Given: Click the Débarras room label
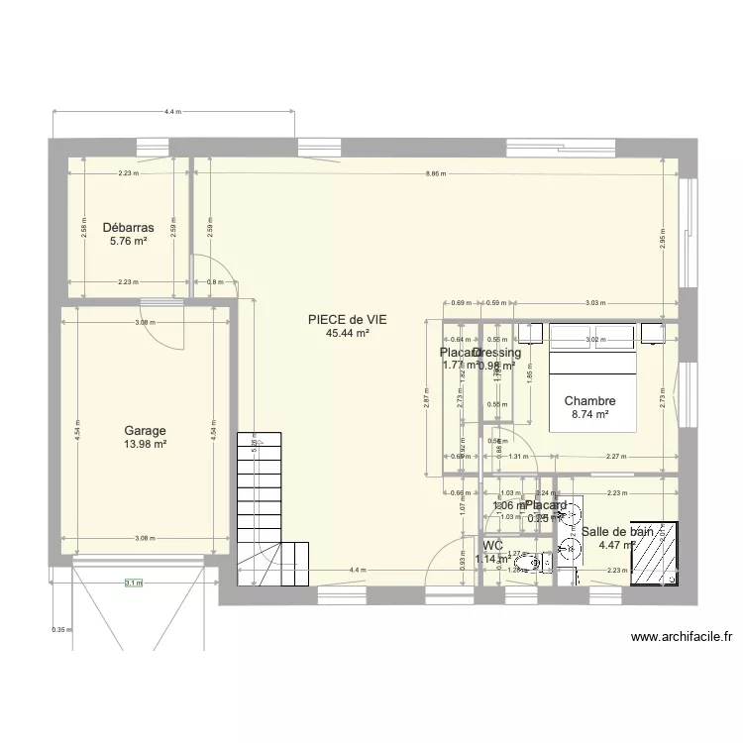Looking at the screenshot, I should point(128,226).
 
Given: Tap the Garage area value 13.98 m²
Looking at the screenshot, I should point(145,444).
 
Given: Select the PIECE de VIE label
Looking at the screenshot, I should point(347,320).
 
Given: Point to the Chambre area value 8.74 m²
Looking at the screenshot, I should point(589,415).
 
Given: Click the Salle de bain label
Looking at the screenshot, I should point(617,532).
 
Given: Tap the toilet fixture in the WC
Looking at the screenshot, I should point(533,564).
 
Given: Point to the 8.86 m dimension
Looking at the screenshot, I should point(435,173).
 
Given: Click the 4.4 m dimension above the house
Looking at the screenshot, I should point(172,112).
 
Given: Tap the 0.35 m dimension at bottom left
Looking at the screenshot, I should point(60,629).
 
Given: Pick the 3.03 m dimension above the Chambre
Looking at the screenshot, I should point(593,302).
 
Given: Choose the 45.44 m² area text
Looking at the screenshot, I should point(347,334).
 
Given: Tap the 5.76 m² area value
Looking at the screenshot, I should point(128,240).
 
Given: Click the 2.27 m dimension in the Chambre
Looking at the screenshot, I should point(616,457).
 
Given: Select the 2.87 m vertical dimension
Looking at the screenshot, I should point(426,397).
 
